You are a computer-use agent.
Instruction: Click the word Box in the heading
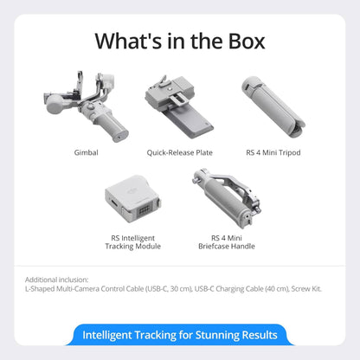(238, 41)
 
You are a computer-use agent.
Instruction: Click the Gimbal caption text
(86, 152)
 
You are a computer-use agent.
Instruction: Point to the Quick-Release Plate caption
(179, 152)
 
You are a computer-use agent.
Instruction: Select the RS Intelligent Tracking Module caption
(132, 241)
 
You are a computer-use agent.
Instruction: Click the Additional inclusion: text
(56, 280)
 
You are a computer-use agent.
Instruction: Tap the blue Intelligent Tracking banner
(179, 335)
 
